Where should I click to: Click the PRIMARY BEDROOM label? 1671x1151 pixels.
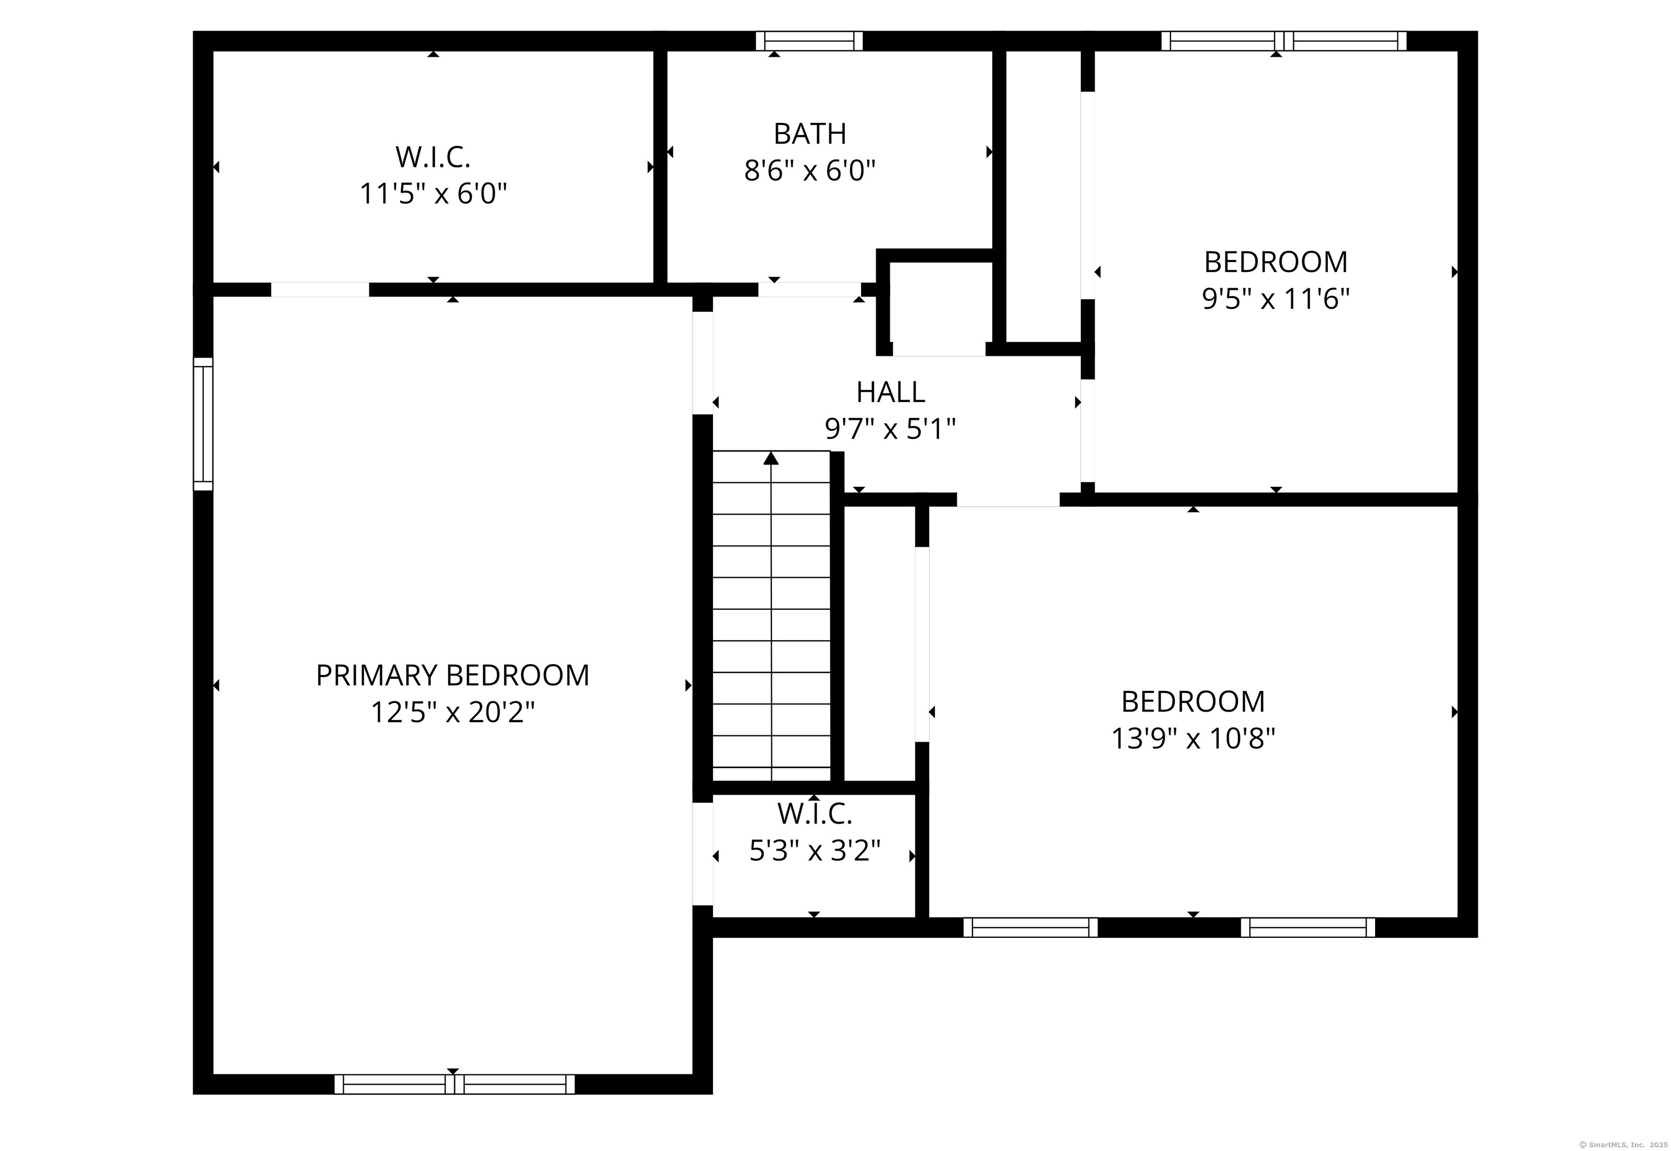point(452,676)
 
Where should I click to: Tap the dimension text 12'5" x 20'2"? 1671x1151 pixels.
point(452,713)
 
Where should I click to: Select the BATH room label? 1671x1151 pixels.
point(810,134)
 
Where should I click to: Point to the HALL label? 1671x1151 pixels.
point(890,392)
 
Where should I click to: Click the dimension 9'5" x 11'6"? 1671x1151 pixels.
point(1275,299)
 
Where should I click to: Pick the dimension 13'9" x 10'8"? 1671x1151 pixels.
point(1193,739)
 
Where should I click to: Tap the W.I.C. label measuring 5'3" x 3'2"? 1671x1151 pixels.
point(815,814)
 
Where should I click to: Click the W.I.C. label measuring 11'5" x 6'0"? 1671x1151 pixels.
point(433,157)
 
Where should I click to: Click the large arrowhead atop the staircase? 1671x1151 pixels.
point(771,458)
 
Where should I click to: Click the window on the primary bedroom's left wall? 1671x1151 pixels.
point(203,424)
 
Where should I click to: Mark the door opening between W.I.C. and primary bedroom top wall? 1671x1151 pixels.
point(319,290)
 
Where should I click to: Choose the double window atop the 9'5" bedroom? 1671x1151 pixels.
point(1283,41)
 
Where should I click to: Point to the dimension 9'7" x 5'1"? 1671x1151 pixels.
point(890,430)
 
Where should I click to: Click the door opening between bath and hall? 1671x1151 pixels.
point(809,290)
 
